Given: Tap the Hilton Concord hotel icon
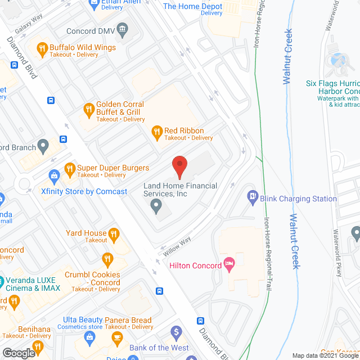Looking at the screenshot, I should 229,264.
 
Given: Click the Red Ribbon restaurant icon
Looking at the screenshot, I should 157,133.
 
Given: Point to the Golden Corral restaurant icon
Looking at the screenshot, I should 88,109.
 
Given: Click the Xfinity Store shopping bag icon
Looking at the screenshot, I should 54,176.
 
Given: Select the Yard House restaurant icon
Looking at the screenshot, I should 114,234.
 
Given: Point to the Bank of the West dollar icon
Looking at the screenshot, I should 176,332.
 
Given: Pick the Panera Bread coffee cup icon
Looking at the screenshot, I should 118,337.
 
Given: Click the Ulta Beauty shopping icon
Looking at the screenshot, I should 88,336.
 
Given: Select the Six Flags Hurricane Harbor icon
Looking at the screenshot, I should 339,61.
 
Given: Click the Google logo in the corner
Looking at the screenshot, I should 18,353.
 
